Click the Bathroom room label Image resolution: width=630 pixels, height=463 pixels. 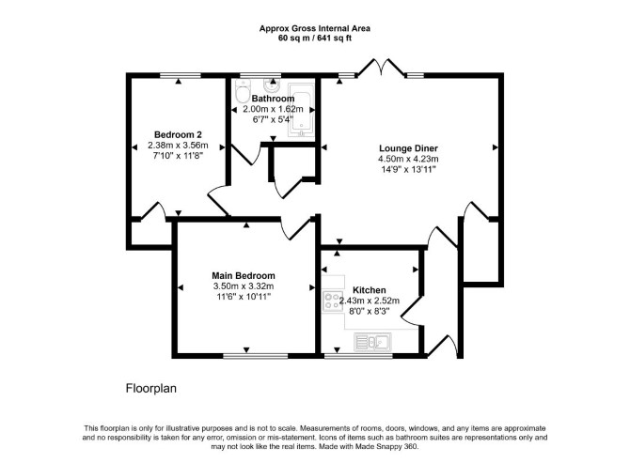tap(273, 99)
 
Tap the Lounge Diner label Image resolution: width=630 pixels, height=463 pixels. tap(408, 148)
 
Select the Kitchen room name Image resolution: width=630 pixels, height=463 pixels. tap(370, 290)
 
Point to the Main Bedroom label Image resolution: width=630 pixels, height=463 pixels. tap(244, 275)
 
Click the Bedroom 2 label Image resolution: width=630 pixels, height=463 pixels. tap(178, 134)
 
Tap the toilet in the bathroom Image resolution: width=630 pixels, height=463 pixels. tap(243, 91)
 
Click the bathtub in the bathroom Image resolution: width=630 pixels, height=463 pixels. tap(301, 110)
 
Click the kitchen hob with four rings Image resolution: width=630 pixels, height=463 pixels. tap(333, 301)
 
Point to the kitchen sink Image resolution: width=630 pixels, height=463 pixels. tap(372, 342)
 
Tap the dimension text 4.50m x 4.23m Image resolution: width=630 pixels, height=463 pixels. tap(408, 160)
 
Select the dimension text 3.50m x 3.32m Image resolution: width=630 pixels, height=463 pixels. tap(244, 286)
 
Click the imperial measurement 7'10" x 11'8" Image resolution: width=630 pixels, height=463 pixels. tap(178, 155)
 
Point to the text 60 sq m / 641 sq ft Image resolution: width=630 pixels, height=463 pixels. tap(315, 39)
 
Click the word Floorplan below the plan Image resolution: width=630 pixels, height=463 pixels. tap(151, 389)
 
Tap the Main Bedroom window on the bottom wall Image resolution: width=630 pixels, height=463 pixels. tap(256, 356)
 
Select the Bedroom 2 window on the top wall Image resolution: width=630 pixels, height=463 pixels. tap(180, 75)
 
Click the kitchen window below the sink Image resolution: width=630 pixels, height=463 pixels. tap(358, 356)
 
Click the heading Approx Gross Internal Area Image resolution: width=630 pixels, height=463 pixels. tap(315, 28)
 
